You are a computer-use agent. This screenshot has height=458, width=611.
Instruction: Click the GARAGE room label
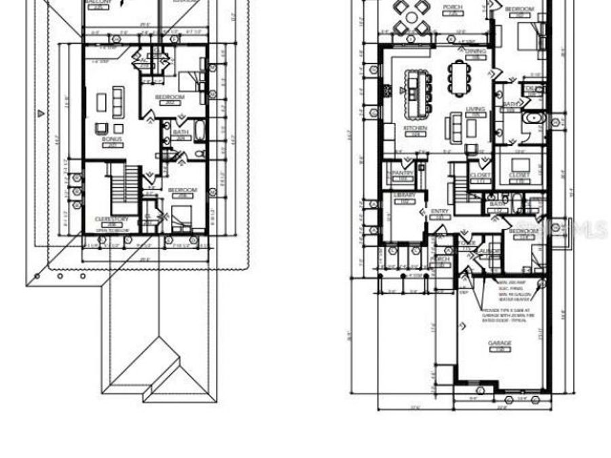500,343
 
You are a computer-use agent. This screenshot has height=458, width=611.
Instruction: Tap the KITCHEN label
415,128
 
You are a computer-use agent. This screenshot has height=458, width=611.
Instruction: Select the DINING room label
476,52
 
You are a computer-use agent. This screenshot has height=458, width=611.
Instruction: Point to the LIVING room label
475,109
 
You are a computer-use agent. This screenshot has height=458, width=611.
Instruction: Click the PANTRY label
403,173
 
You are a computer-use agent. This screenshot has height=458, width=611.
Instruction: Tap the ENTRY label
440,212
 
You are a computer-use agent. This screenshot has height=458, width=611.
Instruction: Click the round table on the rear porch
413,17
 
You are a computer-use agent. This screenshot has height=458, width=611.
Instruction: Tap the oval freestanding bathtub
534,119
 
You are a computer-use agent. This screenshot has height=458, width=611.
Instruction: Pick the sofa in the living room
453,127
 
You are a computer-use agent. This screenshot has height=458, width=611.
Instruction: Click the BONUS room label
111,138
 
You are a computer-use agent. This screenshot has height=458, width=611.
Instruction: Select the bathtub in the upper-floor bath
200,130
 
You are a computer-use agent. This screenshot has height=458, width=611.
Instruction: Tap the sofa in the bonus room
118,102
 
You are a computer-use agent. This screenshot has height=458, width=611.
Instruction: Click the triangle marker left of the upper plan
41,113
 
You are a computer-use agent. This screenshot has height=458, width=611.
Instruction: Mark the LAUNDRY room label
490,251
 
